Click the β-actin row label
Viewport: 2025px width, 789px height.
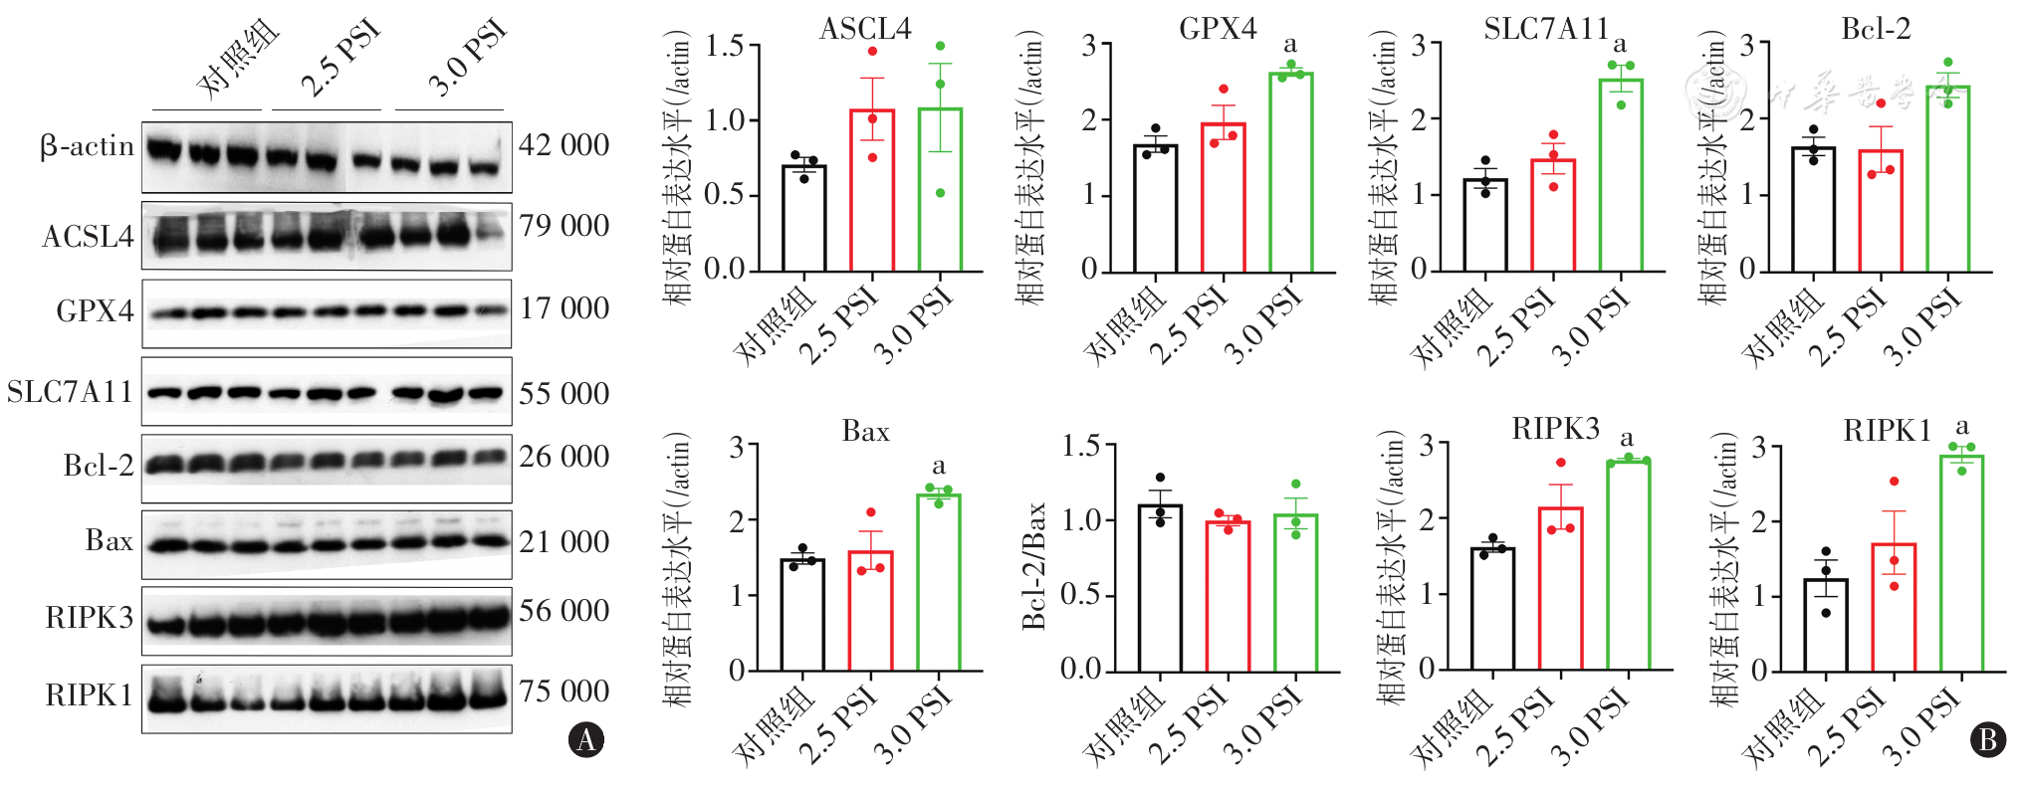[87, 147]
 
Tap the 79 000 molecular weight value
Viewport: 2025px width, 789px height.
[563, 226]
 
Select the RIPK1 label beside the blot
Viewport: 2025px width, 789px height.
[89, 695]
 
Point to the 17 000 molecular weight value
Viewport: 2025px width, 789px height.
[563, 308]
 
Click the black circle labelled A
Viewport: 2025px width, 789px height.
[586, 739]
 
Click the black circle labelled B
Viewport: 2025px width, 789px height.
[1988, 739]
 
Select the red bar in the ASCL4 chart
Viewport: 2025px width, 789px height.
[872, 189]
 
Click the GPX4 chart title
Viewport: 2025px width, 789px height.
[1218, 29]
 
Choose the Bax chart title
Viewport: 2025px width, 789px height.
[865, 431]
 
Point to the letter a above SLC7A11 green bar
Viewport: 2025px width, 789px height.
[1620, 45]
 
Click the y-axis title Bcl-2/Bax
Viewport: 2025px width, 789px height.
[1034, 565]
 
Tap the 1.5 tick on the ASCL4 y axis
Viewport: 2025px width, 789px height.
[725, 45]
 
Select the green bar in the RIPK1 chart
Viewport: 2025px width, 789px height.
[1961, 563]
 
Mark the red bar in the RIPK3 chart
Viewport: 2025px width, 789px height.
[1560, 589]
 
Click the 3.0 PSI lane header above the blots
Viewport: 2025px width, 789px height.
[466, 60]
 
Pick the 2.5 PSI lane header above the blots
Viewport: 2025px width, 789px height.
[340, 60]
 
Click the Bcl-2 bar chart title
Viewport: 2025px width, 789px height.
[1876, 29]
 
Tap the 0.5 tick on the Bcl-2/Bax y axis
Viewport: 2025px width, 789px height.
[1081, 594]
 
